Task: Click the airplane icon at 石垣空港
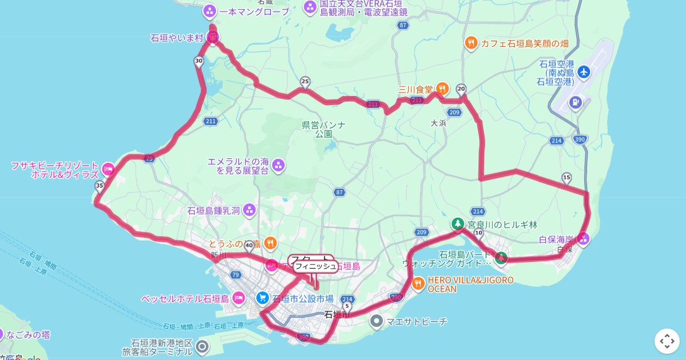point(583,72)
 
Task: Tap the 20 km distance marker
point(461,89)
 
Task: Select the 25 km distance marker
point(305,82)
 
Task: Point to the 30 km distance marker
point(199,61)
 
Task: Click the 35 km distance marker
point(99,186)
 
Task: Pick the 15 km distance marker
point(567,178)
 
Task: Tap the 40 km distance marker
point(249,246)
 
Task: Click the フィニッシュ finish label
point(316,266)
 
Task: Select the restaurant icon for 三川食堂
point(442,89)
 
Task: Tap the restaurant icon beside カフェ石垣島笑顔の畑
point(470,42)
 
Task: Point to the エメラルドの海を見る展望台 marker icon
point(278,166)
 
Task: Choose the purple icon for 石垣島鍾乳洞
point(249,210)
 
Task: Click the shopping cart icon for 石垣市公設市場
point(262,298)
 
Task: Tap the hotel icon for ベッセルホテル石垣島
point(238,298)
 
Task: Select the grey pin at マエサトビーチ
point(376,321)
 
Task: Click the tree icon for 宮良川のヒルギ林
point(457,224)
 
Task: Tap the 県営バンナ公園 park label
point(324,130)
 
